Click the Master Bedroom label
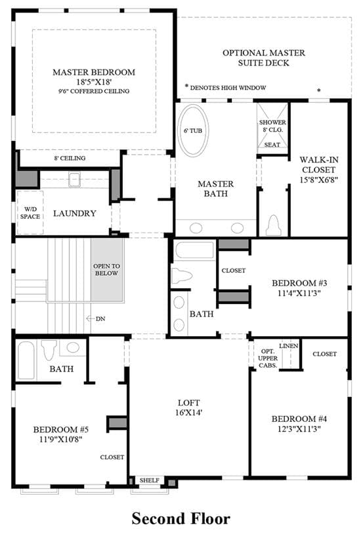94,72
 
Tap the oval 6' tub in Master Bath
194,130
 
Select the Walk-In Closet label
318,164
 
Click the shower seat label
272,145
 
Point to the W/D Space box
30,212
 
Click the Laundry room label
75,214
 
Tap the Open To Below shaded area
107,270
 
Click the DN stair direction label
100,319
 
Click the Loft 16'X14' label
188,408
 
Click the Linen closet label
289,346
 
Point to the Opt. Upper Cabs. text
268,358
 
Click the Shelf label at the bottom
150,480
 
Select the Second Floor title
181,519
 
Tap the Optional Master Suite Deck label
264,58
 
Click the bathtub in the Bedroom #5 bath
26,360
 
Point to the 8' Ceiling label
70,159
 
